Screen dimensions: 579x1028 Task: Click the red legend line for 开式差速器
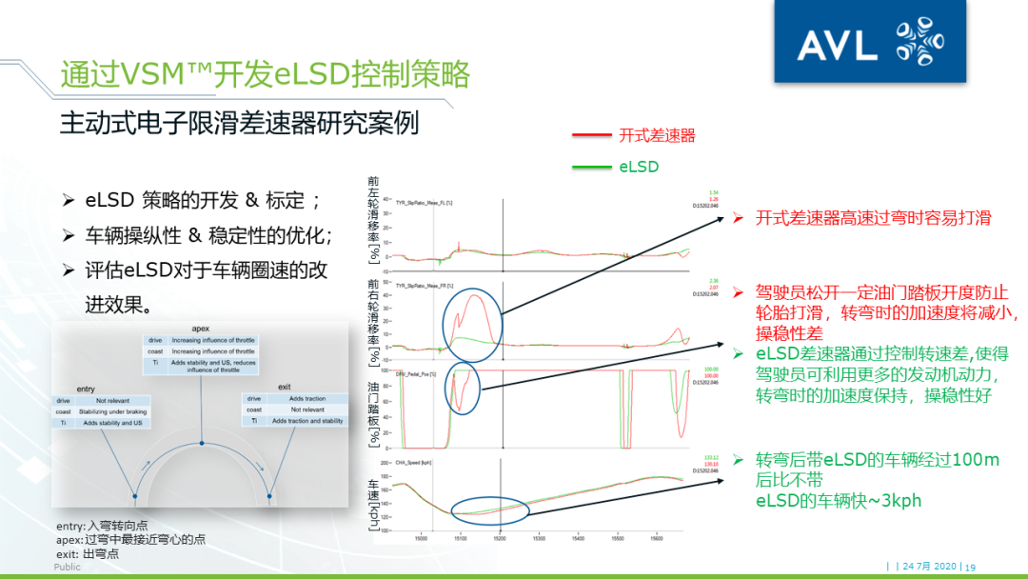coord(590,136)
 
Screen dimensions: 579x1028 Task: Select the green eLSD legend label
coord(639,167)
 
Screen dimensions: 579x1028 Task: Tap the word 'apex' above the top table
coord(201,329)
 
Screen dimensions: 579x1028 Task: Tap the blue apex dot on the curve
coord(202,444)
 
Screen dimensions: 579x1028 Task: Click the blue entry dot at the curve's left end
coord(133,495)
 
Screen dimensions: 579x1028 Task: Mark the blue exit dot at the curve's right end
coord(271,495)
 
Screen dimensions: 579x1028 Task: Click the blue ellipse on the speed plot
coord(488,511)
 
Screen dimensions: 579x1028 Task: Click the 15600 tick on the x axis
coord(657,538)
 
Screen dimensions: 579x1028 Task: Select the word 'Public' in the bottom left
coord(68,567)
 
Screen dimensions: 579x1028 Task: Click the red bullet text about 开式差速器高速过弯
coord(873,218)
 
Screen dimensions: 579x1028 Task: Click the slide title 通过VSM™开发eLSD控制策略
coord(265,74)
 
